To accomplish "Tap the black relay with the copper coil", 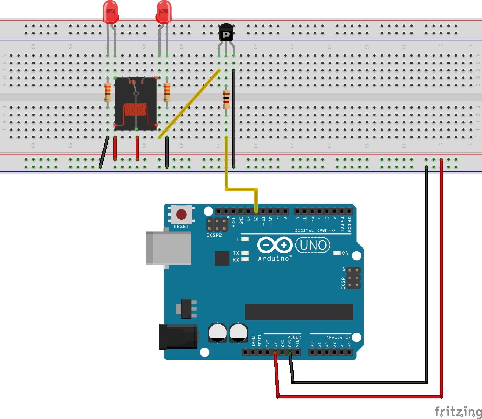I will (136, 104).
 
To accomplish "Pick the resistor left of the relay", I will (108, 92).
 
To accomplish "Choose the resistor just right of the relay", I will (167, 92).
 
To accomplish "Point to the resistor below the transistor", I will (226, 100).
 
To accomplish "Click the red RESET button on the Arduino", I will (181, 214).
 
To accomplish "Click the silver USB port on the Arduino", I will (168, 248).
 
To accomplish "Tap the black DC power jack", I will (178, 337).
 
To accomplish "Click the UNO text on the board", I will (313, 245).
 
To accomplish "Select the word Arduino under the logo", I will (274, 258).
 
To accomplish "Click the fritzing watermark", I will (458, 412).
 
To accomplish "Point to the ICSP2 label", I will (214, 235).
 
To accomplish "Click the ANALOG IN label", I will (338, 337).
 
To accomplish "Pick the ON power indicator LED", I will (337, 253).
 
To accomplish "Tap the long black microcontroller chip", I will (299, 312).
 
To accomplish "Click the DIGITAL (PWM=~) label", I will (315, 231).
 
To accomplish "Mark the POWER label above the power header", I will (294, 337).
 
